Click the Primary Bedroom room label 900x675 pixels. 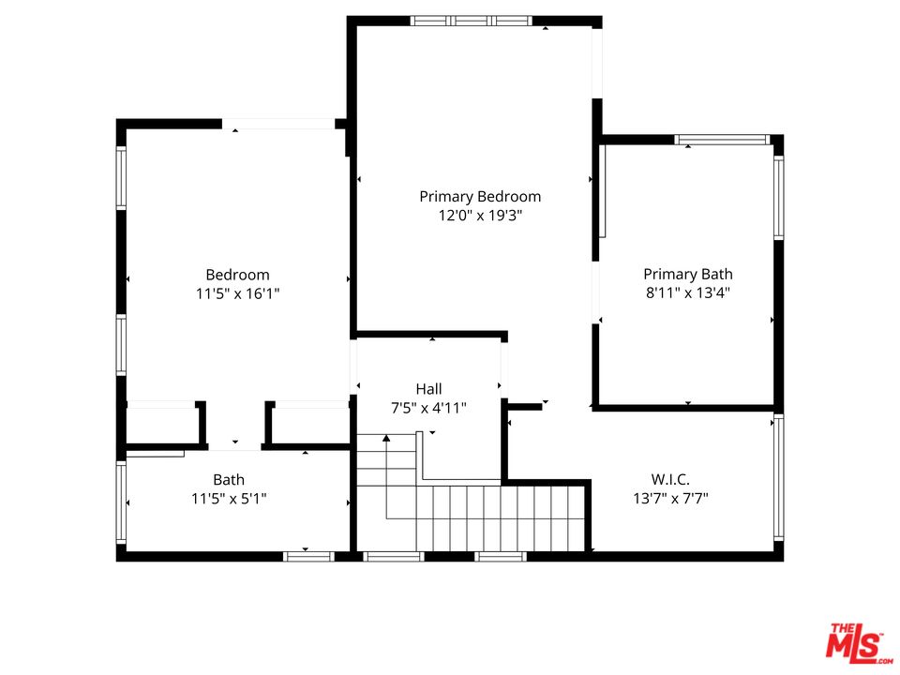480,197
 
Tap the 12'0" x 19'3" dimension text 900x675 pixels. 480,216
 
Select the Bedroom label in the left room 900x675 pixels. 237,275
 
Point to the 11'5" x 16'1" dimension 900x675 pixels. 237,293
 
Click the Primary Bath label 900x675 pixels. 687,274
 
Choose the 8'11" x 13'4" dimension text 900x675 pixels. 687,292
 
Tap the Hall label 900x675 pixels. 428,388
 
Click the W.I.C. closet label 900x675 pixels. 670,479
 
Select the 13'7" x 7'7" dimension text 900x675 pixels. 670,498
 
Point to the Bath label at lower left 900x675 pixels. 229,480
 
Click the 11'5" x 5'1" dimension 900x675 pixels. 229,499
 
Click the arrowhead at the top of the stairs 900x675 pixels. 386,438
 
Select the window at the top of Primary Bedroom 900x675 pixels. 472,21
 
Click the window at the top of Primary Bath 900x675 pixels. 722,141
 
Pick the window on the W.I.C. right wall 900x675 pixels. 778,478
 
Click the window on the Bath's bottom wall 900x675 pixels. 308,556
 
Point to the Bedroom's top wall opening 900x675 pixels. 278,124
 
